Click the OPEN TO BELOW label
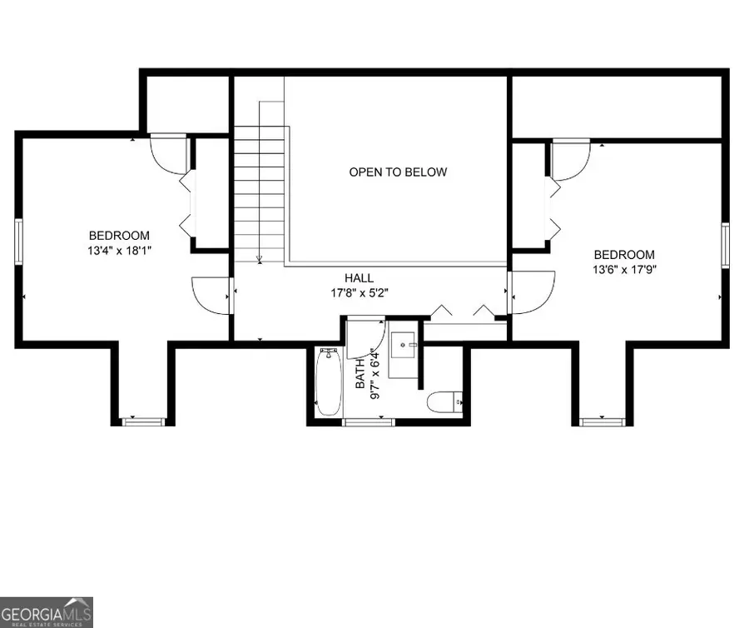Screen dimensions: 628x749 click(397, 172)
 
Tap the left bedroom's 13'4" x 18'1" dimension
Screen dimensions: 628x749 click(120, 249)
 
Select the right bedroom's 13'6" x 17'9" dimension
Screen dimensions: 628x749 click(623, 269)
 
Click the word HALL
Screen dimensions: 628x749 click(360, 278)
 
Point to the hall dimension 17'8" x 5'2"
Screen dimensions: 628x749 click(360, 292)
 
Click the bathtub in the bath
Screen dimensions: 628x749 click(328, 382)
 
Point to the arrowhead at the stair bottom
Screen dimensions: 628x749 click(260, 260)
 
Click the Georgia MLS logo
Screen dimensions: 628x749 click(47, 612)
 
